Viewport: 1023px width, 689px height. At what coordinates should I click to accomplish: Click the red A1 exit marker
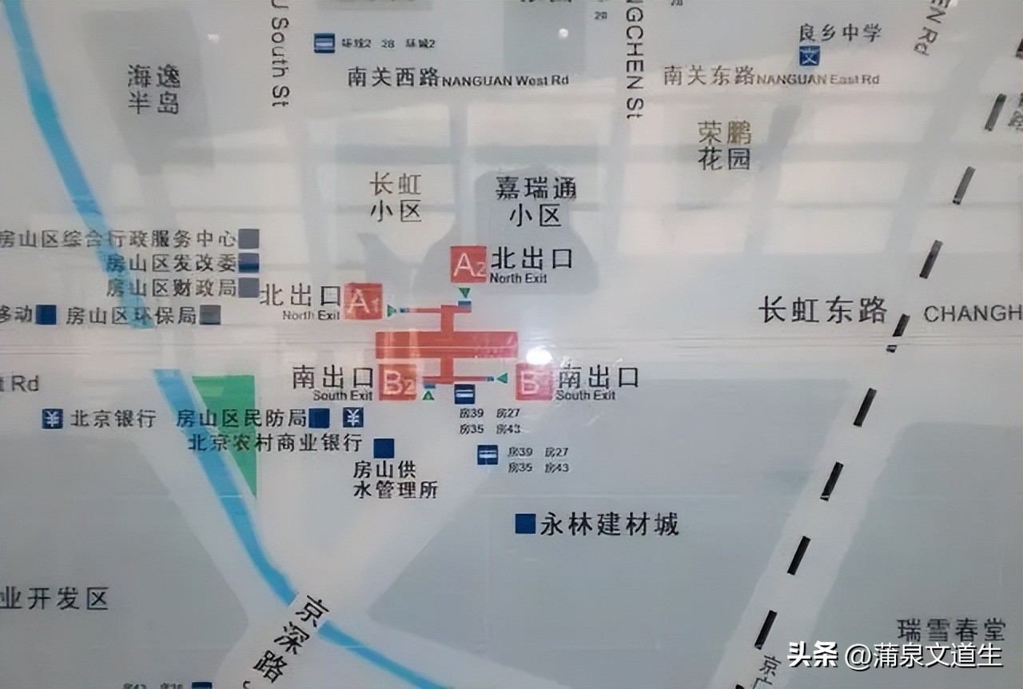(x=363, y=301)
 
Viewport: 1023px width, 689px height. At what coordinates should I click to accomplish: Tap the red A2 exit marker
(x=468, y=265)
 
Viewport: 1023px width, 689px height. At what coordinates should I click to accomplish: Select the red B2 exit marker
(x=397, y=382)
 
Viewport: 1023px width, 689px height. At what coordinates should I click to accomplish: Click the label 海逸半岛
(x=154, y=89)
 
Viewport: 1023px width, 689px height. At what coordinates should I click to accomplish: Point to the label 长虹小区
(x=395, y=197)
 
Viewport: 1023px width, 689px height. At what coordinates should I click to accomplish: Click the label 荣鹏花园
(x=725, y=145)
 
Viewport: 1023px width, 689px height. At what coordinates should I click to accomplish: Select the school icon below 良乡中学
(x=810, y=56)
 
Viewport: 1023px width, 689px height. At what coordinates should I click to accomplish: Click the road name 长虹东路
(x=823, y=310)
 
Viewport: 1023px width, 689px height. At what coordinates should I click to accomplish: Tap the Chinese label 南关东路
(x=709, y=76)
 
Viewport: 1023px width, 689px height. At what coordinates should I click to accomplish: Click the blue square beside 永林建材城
(x=525, y=524)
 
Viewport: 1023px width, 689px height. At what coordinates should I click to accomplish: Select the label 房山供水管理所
(x=396, y=479)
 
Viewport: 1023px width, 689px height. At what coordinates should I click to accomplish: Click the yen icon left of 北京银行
(x=53, y=418)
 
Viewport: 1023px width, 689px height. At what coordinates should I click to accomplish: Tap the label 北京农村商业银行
(x=275, y=442)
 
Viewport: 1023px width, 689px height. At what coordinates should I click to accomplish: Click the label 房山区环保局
(x=131, y=315)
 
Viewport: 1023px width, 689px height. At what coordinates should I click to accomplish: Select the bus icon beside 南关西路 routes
(x=324, y=42)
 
